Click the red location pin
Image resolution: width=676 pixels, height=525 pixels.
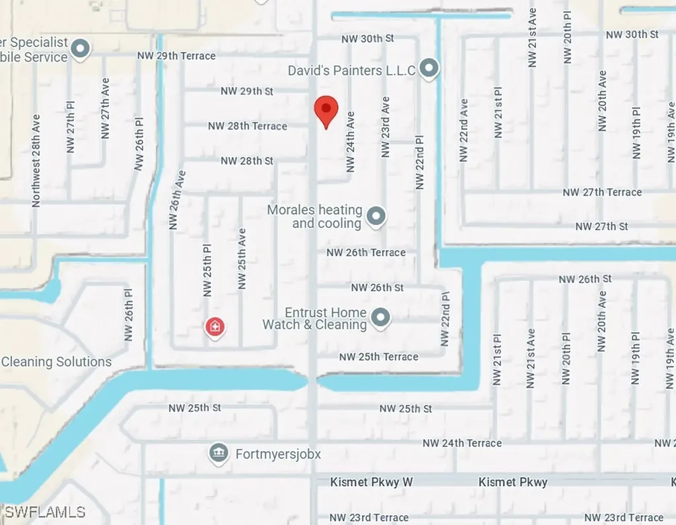coord(325,110)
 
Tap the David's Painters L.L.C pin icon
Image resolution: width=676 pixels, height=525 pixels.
coord(430,68)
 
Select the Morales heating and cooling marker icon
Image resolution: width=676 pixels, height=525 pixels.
coord(376,216)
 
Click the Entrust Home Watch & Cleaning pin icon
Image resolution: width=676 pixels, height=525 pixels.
coord(380,318)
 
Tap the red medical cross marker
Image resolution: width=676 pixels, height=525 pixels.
coord(215,326)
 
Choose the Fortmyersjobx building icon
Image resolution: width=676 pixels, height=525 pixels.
coord(217,454)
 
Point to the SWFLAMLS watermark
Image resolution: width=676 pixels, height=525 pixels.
coord(45,512)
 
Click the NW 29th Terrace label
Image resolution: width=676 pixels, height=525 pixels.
coord(176,56)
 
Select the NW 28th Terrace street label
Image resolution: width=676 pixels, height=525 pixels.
coord(248,125)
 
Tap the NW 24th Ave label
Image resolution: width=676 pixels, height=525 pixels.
coord(351,141)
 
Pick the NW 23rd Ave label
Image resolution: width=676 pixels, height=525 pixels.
coord(386,127)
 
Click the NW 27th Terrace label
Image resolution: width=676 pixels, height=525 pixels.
coord(602,192)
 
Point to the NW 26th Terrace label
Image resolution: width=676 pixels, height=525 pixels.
coord(366,252)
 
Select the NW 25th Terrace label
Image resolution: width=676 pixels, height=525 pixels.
coord(378,357)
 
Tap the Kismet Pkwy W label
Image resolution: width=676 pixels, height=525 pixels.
coord(371,482)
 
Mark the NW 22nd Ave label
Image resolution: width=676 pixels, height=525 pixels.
coord(464,130)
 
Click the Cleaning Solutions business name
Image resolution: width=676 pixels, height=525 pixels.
coord(56,362)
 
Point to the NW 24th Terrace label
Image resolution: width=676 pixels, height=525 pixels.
coord(462,443)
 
